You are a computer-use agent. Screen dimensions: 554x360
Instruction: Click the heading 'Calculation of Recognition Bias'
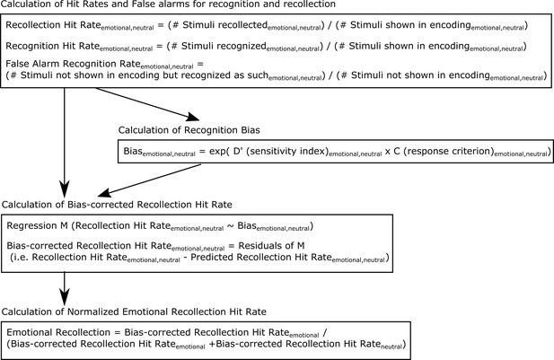tap(189, 130)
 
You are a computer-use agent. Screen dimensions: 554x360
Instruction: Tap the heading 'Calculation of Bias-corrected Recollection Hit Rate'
tap(117, 205)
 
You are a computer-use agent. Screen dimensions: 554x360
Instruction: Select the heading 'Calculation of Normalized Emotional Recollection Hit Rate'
tap(134, 312)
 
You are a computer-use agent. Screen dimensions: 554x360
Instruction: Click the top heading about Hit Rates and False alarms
tap(168, 4)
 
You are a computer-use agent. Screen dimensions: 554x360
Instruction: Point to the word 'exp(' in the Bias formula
tap(219, 152)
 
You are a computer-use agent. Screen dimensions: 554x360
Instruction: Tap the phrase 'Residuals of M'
tap(271, 245)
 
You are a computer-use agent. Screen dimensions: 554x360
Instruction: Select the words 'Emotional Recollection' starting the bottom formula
tap(58, 332)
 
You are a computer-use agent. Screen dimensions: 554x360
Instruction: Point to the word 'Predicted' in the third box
tap(212, 257)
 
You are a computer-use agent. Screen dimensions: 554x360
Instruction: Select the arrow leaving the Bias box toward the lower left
tap(149, 180)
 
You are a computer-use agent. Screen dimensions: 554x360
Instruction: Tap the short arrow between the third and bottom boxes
tap(65, 289)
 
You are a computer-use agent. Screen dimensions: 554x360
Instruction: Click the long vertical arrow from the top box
tap(65, 143)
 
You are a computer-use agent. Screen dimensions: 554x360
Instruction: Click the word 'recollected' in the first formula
tap(243, 25)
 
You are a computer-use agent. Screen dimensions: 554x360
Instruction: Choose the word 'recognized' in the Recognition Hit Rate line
tap(242, 47)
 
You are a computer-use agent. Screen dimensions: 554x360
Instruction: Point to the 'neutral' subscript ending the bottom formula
tap(391, 347)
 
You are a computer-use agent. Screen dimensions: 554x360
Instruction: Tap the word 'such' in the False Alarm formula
tap(257, 75)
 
